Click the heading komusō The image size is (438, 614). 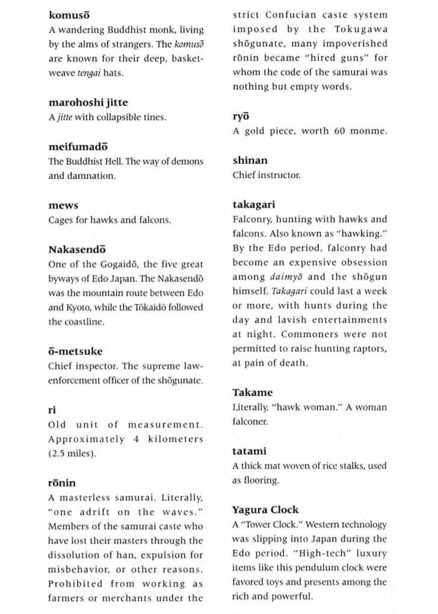(x=69, y=15)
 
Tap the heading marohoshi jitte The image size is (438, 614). (x=88, y=102)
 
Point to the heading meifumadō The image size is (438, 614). (x=78, y=147)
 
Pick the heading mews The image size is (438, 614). (x=63, y=205)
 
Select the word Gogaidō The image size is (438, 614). (x=103, y=264)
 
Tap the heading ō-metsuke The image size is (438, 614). (x=75, y=351)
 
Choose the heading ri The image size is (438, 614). (x=52, y=410)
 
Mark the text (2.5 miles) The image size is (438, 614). (x=72, y=454)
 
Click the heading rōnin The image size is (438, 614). (x=62, y=483)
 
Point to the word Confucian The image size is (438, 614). (x=290, y=15)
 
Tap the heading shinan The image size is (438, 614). (x=250, y=161)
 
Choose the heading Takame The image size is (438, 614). (x=252, y=392)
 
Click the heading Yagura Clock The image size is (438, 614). (x=265, y=510)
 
